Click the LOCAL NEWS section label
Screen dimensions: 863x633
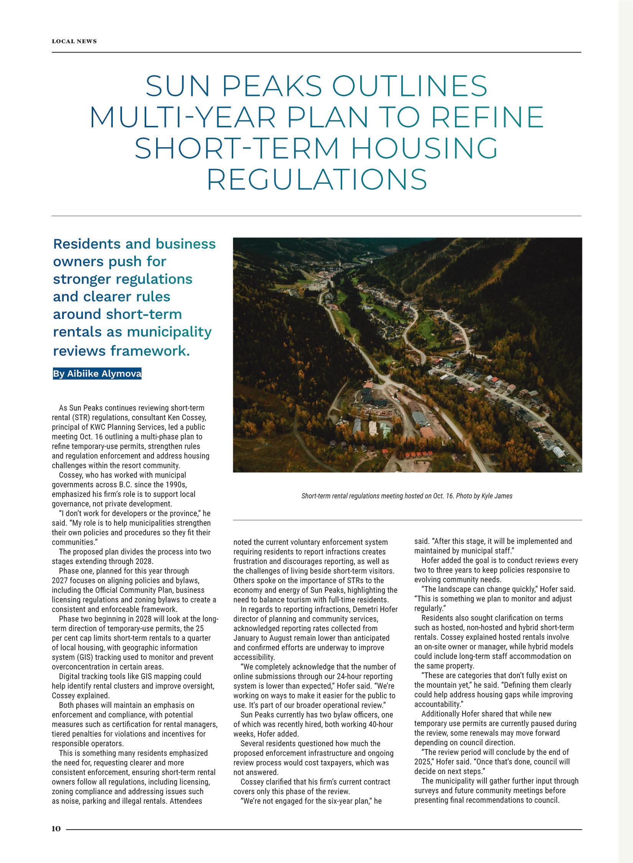coord(74,41)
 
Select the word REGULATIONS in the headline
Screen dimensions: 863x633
coord(317,179)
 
